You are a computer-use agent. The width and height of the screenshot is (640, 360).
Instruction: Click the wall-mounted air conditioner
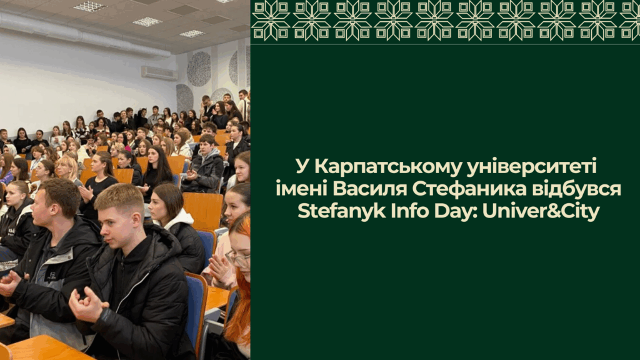tap(159, 73)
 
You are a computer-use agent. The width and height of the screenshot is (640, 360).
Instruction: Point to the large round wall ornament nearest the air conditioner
tap(199, 69)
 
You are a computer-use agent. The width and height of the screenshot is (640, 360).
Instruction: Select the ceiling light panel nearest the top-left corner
tap(90, 6)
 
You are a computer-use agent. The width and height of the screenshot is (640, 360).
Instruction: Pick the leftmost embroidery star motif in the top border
tap(271, 20)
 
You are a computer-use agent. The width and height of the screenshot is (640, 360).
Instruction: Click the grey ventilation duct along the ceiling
tap(82, 35)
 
